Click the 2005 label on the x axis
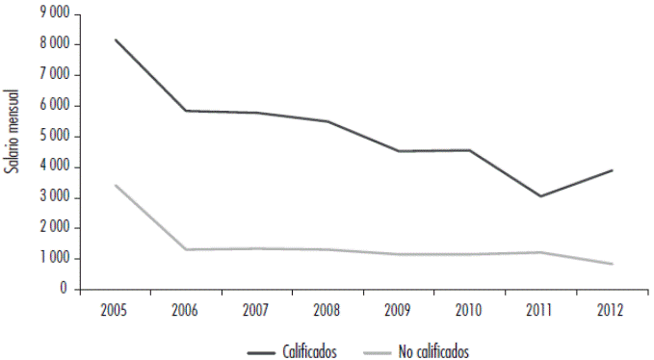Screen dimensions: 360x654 click(x=115, y=310)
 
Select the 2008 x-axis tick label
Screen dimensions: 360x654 click(x=327, y=310)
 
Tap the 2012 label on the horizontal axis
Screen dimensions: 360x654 click(x=610, y=310)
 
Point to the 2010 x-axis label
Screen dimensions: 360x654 click(x=468, y=310)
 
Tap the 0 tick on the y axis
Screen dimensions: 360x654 click(x=64, y=289)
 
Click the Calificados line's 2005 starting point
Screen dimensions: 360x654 click(x=115, y=39)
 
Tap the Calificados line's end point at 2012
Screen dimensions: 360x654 click(x=611, y=170)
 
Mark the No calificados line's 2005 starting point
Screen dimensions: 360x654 click(x=115, y=185)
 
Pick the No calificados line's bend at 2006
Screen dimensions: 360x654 click(x=185, y=249)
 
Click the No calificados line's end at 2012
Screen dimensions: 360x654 click(x=611, y=264)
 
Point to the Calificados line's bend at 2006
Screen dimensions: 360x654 click(x=185, y=111)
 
